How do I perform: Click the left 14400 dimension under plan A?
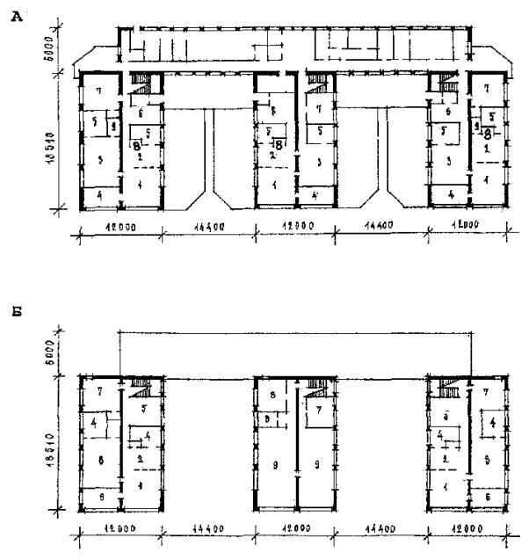point(207,227)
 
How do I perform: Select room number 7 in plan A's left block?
point(100,91)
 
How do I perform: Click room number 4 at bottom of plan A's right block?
point(451,193)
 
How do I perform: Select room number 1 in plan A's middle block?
point(274,185)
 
